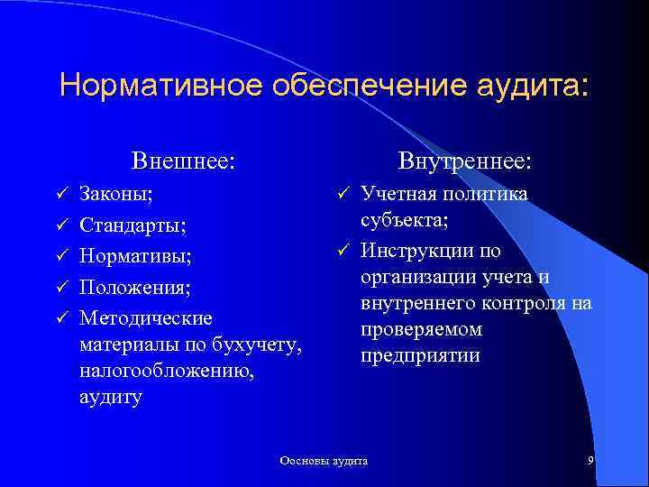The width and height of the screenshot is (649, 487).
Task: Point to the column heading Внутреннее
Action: click(x=465, y=161)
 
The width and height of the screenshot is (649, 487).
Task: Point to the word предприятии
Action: click(x=420, y=355)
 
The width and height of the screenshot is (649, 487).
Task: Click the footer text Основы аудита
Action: click(x=324, y=461)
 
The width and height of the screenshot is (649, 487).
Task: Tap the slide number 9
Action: click(x=590, y=461)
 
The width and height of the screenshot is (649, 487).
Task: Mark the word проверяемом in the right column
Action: click(x=421, y=329)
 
